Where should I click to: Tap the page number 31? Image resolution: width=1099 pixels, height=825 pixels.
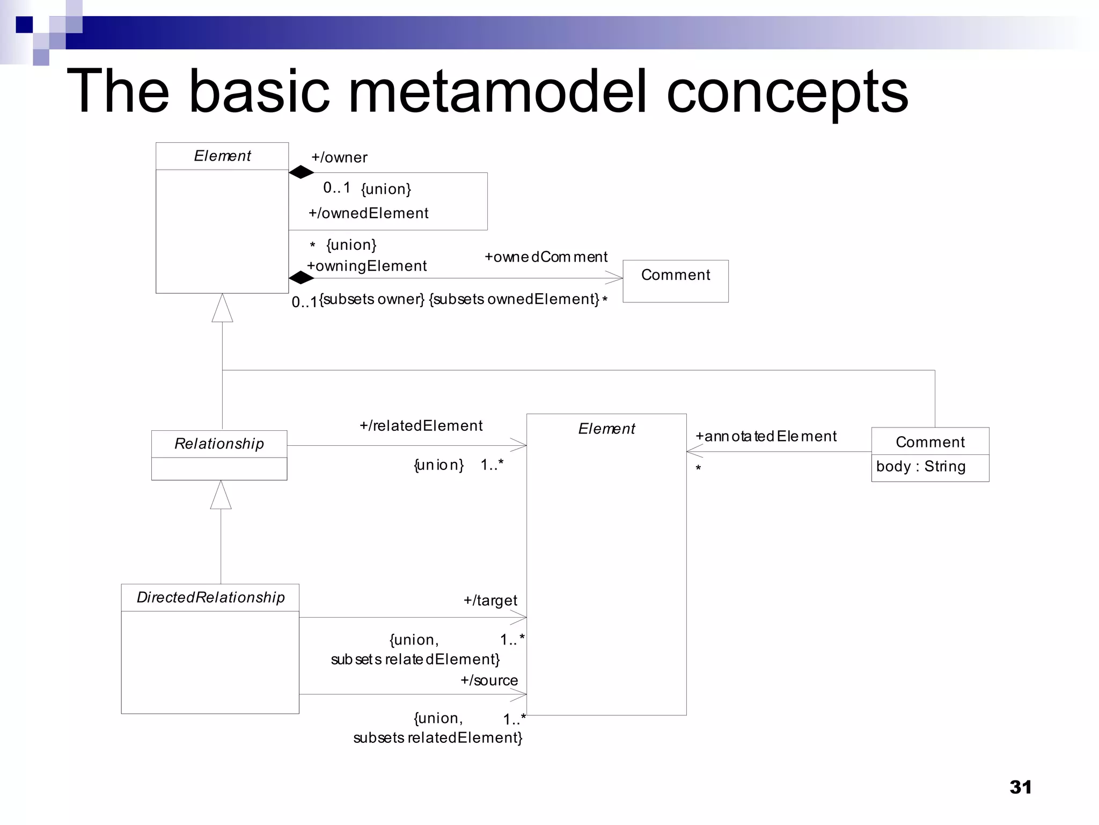click(1020, 787)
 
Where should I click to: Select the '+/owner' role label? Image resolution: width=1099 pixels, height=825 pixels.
click(339, 157)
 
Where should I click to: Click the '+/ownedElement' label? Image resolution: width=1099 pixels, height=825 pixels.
click(368, 213)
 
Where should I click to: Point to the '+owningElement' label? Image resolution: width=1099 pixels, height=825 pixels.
click(367, 266)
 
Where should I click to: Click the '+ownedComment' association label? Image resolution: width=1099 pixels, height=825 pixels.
click(546, 257)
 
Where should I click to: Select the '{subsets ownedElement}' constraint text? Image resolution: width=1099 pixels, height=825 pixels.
click(514, 299)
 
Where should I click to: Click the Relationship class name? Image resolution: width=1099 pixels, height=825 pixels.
click(219, 444)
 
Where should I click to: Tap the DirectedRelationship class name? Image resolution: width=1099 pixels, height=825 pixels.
click(210, 597)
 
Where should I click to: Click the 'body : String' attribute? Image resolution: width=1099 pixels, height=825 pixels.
click(920, 466)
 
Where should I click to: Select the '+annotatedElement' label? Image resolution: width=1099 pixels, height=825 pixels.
click(766, 436)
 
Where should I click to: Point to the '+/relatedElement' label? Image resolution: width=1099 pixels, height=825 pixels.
click(421, 426)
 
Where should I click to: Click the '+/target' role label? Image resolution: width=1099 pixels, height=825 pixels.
click(490, 600)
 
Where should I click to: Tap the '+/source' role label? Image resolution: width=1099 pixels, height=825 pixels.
click(489, 681)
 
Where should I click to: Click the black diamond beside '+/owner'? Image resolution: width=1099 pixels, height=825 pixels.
click(301, 172)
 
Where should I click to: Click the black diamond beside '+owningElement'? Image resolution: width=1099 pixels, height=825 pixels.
click(301, 278)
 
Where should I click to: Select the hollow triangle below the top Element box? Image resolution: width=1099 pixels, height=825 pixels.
click(222, 309)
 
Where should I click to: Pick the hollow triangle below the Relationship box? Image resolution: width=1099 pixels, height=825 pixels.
click(221, 496)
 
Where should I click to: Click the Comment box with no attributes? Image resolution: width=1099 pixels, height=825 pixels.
click(675, 281)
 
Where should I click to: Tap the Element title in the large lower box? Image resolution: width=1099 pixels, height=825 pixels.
click(606, 429)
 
